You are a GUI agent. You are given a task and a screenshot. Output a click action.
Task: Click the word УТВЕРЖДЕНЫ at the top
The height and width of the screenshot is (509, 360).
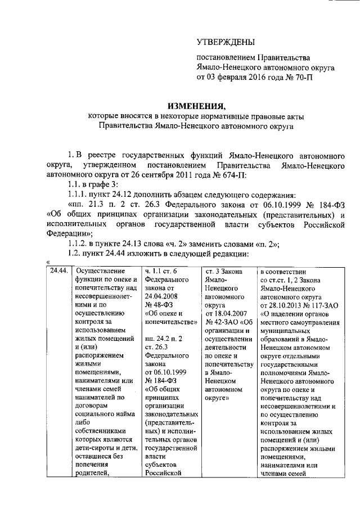225,42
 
